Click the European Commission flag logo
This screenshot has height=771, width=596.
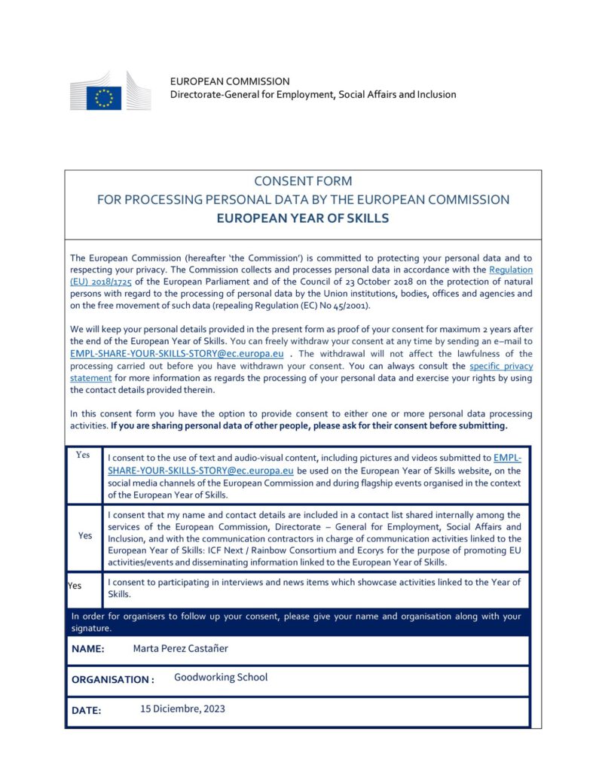click(103, 97)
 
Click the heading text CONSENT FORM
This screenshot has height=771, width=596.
click(303, 181)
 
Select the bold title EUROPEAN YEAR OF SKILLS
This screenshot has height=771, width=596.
click(303, 218)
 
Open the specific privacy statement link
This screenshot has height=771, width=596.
click(500, 366)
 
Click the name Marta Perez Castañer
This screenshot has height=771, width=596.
click(180, 648)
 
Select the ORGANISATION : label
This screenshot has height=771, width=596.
click(113, 679)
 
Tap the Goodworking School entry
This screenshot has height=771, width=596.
click(221, 677)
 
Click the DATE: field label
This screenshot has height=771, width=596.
click(86, 710)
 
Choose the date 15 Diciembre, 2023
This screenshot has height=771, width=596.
click(182, 709)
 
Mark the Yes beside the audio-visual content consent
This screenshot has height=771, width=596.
click(83, 455)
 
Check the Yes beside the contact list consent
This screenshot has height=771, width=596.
click(85, 535)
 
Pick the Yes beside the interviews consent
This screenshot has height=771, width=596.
click(75, 585)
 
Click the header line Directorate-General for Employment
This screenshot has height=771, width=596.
click(313, 95)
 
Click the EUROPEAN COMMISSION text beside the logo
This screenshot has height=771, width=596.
click(230, 81)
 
